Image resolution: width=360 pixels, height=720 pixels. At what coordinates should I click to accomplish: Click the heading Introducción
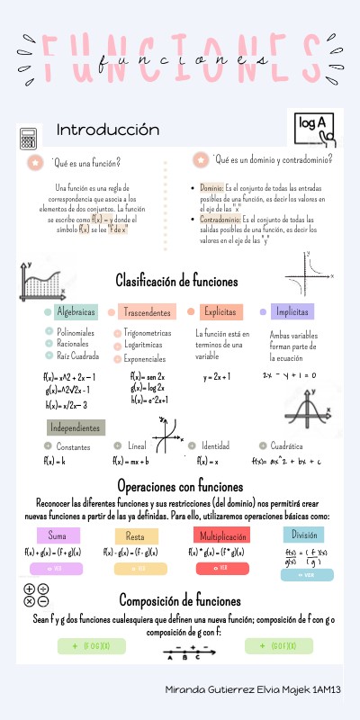click(x=107, y=130)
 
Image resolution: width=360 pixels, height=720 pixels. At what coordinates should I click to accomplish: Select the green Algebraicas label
click(x=76, y=312)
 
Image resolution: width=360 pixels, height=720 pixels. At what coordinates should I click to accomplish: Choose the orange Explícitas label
click(x=221, y=312)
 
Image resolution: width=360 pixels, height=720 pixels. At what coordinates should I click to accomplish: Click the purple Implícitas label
click(x=292, y=312)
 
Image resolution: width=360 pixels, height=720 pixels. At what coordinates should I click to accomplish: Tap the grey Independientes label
click(x=76, y=427)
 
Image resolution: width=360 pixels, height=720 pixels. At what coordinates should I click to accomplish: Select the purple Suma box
click(x=58, y=536)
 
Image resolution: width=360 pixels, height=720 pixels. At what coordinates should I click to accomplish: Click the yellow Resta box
click(x=141, y=536)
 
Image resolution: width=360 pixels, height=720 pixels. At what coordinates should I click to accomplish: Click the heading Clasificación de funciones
click(x=176, y=282)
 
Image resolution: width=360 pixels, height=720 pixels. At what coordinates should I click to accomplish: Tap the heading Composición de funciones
click(x=180, y=601)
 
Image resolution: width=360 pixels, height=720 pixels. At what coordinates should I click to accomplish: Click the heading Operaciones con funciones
click(x=180, y=487)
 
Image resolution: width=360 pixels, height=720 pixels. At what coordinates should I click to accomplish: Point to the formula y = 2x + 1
click(x=217, y=376)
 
